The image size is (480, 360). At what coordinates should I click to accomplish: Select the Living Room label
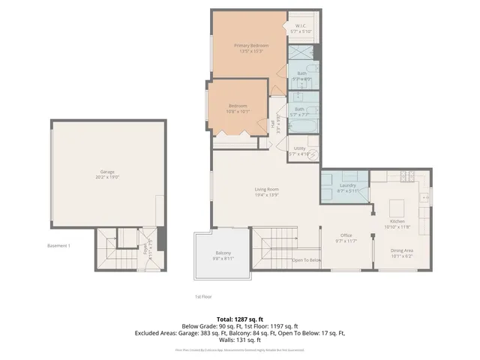266,191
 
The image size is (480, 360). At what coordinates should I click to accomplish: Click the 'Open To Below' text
307,260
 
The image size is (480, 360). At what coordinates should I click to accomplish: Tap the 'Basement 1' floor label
58,246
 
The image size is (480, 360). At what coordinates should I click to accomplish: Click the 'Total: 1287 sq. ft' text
240,319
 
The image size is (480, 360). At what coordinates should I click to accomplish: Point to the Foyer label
147,248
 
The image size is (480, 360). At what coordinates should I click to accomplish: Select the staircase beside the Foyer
118,259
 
